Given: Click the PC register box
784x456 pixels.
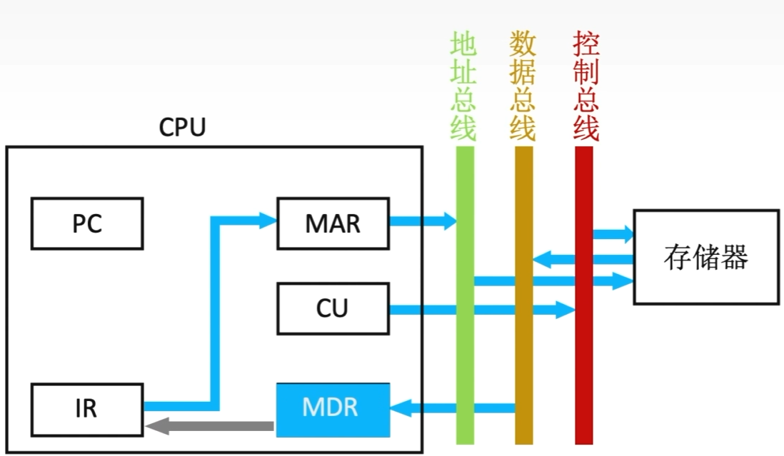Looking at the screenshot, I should [x=86, y=224].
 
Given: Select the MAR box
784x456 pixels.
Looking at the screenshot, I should [x=333, y=224].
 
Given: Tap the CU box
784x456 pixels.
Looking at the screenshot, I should [x=333, y=308].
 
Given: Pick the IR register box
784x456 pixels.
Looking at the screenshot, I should [x=86, y=408].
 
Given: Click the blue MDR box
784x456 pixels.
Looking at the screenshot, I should [x=333, y=410].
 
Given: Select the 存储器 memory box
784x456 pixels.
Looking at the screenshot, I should [x=705, y=257].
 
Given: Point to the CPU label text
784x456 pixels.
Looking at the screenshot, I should [x=182, y=128].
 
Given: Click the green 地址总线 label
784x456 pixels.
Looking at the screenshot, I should [x=463, y=86].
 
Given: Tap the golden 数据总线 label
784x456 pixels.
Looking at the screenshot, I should [x=523, y=86].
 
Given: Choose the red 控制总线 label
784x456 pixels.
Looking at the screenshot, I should [x=586, y=86].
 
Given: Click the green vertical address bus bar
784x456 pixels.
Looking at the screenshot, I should [x=465, y=343].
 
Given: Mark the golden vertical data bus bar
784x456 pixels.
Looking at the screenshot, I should [x=524, y=343].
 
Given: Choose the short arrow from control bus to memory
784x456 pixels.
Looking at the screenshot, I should [x=613, y=234].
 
